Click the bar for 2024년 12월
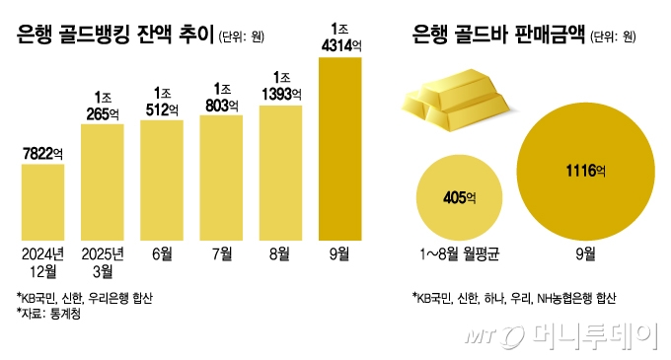point(42,202)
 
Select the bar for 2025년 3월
point(102,182)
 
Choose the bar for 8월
point(281,173)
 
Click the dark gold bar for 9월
point(340,148)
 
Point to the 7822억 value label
point(42,152)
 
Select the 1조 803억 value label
point(222,96)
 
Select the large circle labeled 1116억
point(585,173)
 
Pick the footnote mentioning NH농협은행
point(512,296)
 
